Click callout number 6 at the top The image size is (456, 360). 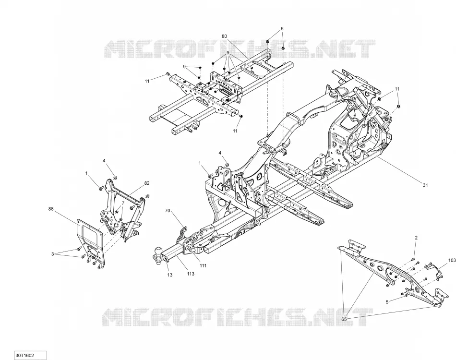click(282, 28)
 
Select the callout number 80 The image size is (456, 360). click(224, 36)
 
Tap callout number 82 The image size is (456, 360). click(147, 183)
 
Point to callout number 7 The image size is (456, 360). click(123, 203)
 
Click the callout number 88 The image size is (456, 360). click(51, 208)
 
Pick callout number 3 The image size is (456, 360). click(53, 254)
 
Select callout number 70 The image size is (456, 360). click(167, 211)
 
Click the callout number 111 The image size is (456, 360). click(203, 265)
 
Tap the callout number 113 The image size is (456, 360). click(191, 274)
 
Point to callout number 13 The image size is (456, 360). click(169, 275)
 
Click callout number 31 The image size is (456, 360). click(425, 185)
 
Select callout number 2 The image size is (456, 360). click(416, 238)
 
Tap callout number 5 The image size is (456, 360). click(387, 302)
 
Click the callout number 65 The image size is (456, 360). click(344, 319)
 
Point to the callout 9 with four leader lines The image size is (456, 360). click(228, 53)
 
